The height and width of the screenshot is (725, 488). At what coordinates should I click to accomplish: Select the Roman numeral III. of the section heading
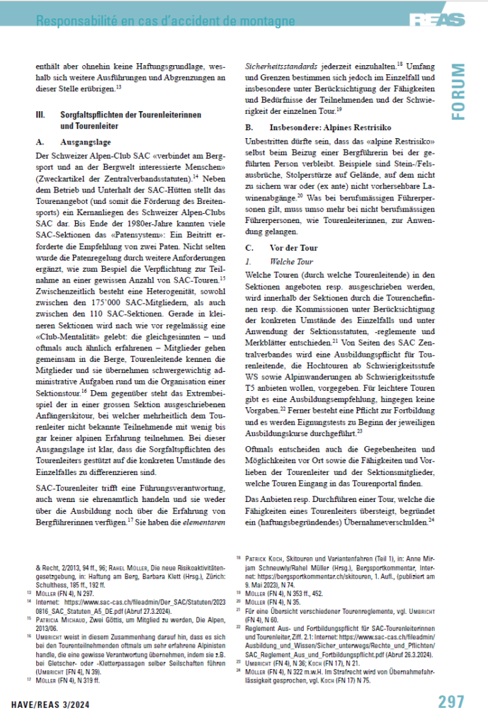(x=40, y=114)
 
